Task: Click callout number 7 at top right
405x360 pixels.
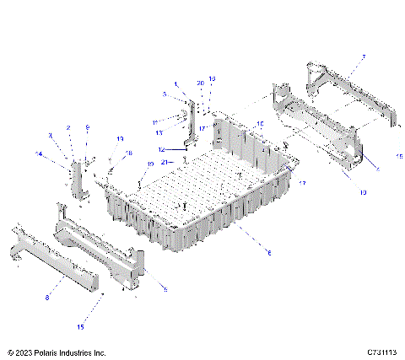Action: point(364,57)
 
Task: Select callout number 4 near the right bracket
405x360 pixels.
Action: point(376,169)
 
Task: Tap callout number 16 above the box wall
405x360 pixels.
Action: point(260,124)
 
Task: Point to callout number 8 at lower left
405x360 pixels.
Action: point(46,298)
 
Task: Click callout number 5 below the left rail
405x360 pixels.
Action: point(165,289)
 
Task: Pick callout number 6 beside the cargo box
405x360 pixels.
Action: point(269,251)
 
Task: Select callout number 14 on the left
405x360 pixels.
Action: point(39,153)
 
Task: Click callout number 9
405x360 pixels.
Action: point(86,127)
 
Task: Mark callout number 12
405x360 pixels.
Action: point(162,149)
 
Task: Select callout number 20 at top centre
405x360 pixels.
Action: point(200,83)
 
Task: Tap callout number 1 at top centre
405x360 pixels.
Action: point(175,83)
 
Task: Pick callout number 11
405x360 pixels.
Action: point(155,122)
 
